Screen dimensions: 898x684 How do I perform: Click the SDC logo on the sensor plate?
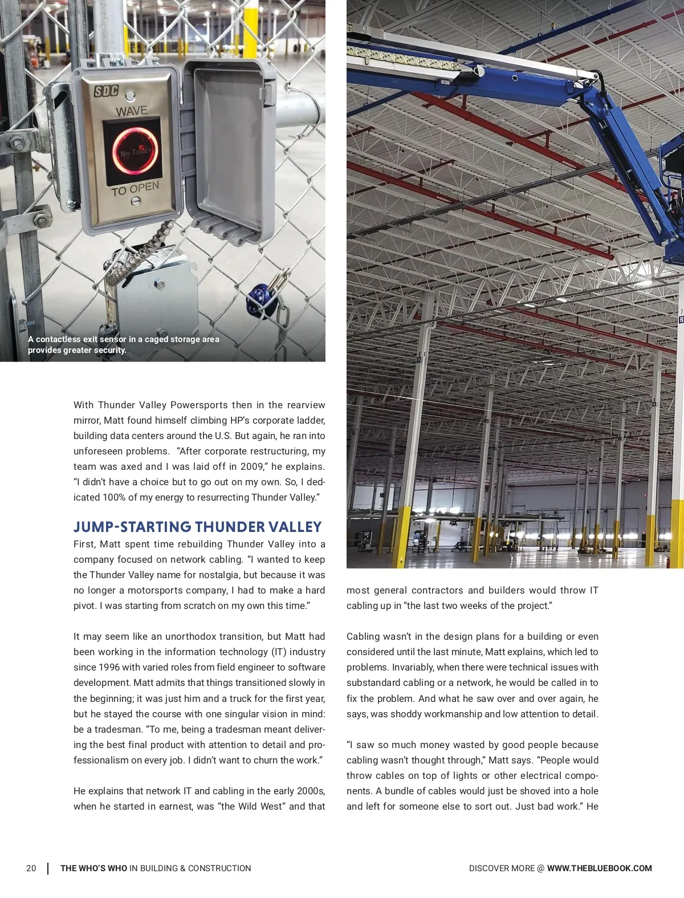[x=105, y=91]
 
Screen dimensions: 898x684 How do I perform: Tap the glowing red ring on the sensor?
[x=132, y=150]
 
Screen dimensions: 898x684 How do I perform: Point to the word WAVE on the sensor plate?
[x=132, y=111]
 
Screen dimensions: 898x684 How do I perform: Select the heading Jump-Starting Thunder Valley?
[x=197, y=526]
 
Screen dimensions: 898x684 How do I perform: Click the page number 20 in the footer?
[x=31, y=868]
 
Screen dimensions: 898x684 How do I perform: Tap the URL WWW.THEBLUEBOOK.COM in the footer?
[x=599, y=868]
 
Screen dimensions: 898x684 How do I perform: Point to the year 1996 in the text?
[x=109, y=667]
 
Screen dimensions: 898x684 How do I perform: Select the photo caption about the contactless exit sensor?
[x=123, y=344]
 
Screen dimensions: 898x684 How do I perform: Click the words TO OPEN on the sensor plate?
[x=135, y=189]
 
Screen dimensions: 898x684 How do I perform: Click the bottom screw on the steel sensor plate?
[x=136, y=201]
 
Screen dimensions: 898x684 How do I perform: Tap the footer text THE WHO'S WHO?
[x=93, y=868]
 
